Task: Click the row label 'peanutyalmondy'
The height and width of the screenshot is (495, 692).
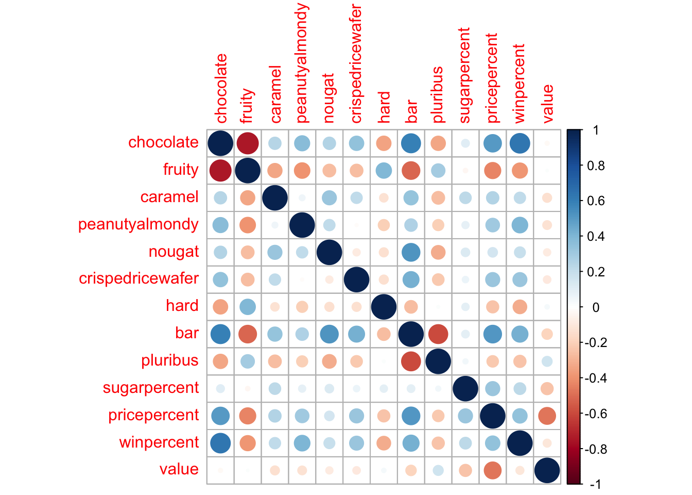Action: coord(138,225)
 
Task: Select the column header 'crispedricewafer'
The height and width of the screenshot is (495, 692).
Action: coord(356,64)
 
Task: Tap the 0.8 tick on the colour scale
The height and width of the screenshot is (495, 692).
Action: coord(596,166)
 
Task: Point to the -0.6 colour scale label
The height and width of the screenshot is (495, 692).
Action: coord(595,414)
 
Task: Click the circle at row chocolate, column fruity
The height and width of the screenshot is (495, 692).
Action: coord(248,143)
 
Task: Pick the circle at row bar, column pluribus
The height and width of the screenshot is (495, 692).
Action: coord(438,334)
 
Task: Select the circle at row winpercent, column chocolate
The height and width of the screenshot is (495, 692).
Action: coord(220,443)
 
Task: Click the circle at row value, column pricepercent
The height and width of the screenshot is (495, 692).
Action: coord(493,470)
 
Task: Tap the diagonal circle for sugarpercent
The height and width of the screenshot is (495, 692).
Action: coord(465,389)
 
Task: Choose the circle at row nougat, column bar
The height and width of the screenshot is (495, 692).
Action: coord(411,252)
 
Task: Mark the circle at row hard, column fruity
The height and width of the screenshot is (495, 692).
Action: coord(248,307)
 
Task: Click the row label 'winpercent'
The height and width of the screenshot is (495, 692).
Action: coord(159,442)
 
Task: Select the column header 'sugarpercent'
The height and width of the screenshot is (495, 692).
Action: coord(465,76)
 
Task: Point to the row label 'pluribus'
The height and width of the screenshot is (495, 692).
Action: coord(169,360)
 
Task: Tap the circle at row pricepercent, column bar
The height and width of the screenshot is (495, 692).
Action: coord(411,416)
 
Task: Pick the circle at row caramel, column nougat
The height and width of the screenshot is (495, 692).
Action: coord(329,197)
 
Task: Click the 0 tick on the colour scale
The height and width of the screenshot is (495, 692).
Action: coord(596,308)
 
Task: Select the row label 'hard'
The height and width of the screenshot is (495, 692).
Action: coord(182,306)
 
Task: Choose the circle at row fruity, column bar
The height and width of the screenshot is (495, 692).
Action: coord(411,170)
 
